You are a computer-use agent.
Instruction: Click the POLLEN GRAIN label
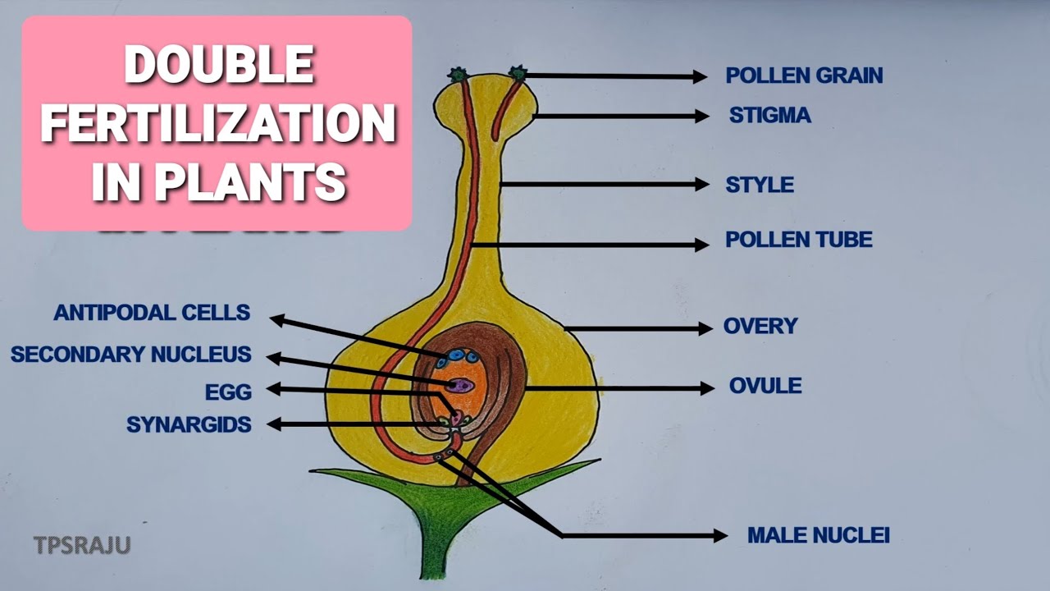(x=804, y=76)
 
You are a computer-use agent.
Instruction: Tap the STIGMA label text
(x=769, y=116)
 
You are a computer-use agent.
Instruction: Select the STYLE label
(x=759, y=185)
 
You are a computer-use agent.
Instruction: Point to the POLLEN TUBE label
(x=798, y=240)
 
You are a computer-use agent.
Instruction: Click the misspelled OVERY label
(x=760, y=326)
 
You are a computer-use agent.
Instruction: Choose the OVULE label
(x=765, y=385)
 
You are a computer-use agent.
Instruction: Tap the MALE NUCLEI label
(x=818, y=536)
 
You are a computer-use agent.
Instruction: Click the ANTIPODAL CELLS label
(x=152, y=313)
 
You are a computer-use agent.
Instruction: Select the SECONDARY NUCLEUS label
(x=131, y=355)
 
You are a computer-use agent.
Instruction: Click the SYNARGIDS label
(x=189, y=424)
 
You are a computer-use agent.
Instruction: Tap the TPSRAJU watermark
(x=82, y=544)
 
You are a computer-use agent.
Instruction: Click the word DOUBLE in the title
(x=218, y=65)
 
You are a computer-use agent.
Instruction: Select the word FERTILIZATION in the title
(x=218, y=124)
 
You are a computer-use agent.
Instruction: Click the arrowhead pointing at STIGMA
(x=701, y=117)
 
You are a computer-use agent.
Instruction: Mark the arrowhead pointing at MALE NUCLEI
(x=719, y=536)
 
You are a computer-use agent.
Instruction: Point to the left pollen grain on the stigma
(x=458, y=76)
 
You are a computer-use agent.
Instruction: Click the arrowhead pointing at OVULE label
(x=707, y=387)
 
